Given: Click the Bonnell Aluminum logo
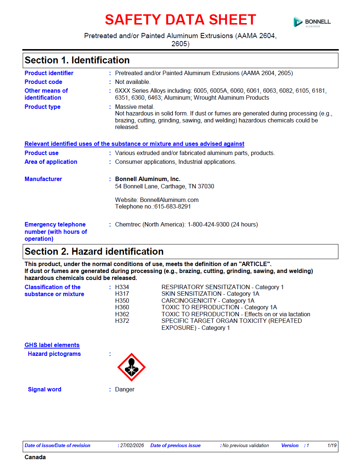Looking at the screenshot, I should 312,22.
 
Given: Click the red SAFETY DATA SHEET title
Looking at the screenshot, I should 180,20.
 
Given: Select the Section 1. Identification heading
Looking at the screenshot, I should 77,60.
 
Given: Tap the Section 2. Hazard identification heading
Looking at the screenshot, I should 94,252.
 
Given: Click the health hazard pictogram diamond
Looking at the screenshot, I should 131,367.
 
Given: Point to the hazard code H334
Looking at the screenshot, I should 122,287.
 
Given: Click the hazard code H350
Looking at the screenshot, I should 122,301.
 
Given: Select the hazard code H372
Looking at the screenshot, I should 122,321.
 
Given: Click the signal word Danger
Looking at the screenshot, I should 125,390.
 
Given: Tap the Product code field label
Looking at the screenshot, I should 43,82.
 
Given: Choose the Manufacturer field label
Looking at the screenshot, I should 43,179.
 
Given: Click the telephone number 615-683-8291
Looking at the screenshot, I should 172,207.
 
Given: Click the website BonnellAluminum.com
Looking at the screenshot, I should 169,200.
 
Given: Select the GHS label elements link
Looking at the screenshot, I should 52,345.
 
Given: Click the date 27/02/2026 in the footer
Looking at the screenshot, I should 132,446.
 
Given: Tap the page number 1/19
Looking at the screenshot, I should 332,446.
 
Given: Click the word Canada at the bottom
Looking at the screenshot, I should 35,457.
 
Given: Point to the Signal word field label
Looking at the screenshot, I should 45,390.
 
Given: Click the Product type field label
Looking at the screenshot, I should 42,107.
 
